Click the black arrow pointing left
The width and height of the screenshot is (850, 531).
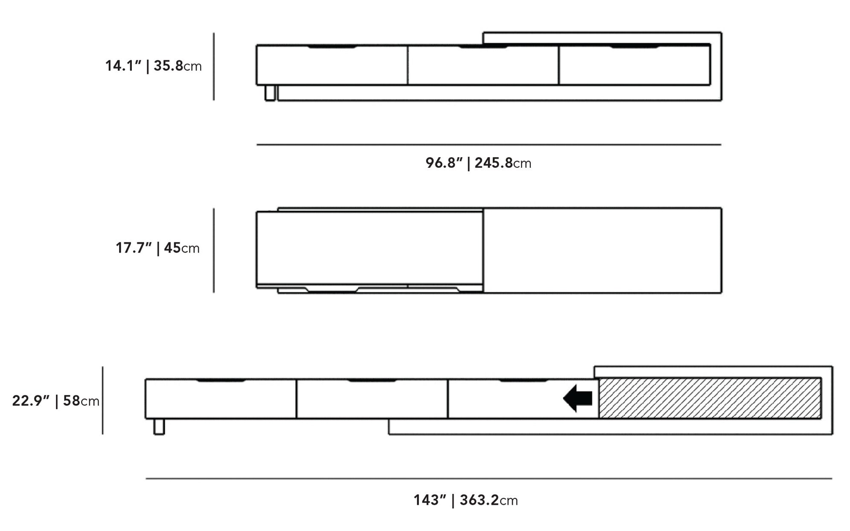(x=577, y=398)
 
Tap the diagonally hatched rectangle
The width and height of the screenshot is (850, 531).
(x=710, y=398)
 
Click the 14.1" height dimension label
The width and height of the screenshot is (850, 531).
(x=153, y=66)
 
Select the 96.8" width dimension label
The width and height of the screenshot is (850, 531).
(x=478, y=163)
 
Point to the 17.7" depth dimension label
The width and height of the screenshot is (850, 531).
(x=157, y=248)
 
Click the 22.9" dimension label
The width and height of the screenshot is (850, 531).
(x=55, y=401)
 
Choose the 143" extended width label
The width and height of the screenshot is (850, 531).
(x=466, y=500)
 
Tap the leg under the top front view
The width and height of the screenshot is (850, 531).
(x=270, y=93)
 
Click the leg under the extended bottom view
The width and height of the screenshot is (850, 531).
(x=159, y=426)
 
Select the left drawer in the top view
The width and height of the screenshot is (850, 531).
(x=332, y=65)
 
